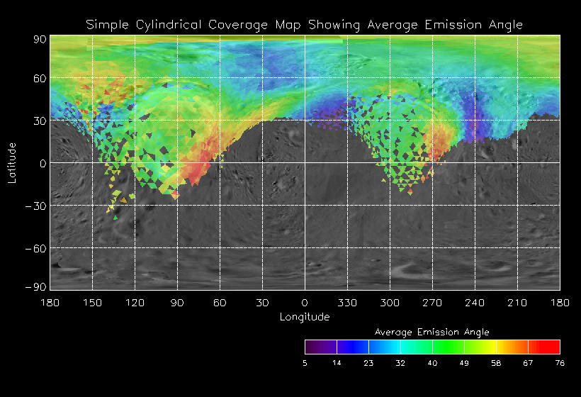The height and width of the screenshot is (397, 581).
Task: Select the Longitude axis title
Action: click(305, 317)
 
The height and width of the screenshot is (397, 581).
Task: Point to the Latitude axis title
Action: click(12, 163)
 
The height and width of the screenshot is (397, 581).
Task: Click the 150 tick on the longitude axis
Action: click(92, 303)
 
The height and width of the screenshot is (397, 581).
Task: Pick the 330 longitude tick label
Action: click(347, 303)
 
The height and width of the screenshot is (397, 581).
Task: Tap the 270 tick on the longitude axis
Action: click(432, 303)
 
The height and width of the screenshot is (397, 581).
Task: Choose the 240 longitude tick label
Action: click(475, 303)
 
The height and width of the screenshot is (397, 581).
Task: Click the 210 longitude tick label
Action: click(517, 303)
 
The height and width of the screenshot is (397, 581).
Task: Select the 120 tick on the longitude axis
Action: click(135, 303)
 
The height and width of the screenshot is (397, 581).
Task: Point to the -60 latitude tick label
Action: click(35, 248)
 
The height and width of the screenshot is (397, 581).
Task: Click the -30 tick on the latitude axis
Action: click(35, 206)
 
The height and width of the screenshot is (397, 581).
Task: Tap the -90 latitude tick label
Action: click(35, 286)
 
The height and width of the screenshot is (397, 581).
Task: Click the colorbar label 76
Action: click(560, 363)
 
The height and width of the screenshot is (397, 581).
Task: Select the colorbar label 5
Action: click(305, 363)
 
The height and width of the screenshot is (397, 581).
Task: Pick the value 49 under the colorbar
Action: click(464, 363)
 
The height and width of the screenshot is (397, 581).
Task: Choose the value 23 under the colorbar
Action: click(368, 363)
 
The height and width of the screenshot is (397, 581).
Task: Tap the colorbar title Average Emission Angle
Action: click(431, 332)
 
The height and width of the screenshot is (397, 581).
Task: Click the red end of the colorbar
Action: click(553, 347)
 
